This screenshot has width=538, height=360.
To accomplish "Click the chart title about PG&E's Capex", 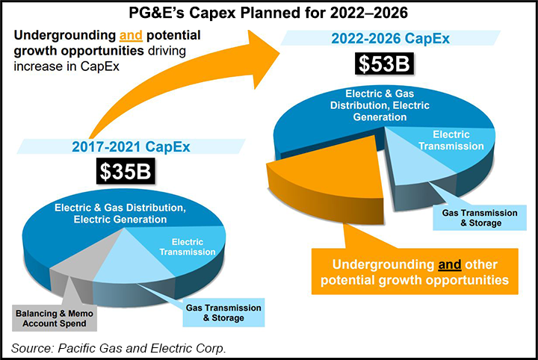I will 268,13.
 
